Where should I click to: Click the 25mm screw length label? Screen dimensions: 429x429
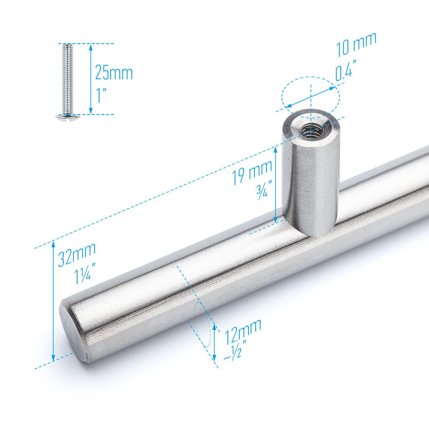click(x=114, y=72)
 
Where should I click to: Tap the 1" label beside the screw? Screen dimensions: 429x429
click(x=101, y=96)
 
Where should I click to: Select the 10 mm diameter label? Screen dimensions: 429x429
click(x=356, y=44)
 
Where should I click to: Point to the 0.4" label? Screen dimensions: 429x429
click(x=346, y=72)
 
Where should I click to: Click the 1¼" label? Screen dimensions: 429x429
click(x=85, y=275)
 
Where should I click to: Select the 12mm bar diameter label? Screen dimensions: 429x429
click(x=243, y=331)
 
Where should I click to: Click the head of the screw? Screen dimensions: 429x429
click(x=67, y=118)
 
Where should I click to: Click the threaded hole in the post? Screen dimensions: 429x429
click(x=311, y=131)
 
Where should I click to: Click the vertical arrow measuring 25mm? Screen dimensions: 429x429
click(x=91, y=79)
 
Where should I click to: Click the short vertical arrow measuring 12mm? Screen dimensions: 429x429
click(x=214, y=342)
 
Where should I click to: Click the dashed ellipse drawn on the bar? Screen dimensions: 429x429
click(x=203, y=325)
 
